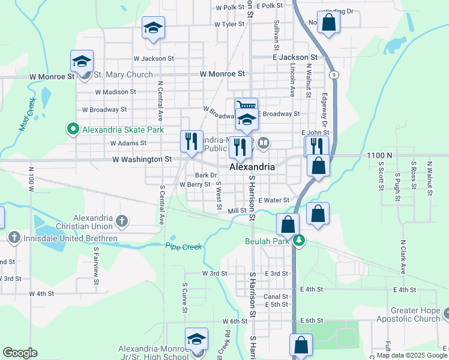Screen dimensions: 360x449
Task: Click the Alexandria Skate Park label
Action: click(122, 129)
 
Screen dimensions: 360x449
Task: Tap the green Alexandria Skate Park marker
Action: click(73, 128)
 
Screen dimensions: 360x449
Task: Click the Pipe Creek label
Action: click(183, 247)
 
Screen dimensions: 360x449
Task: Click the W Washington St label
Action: click(142, 159)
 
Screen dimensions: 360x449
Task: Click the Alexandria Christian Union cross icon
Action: click(122, 221)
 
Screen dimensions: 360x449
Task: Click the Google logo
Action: click(20, 353)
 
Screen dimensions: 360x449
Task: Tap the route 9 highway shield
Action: click(333, 75)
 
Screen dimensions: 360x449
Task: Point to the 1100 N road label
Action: click(379, 155)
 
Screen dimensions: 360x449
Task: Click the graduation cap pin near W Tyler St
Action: click(154, 28)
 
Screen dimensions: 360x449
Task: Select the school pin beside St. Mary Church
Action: click(82, 61)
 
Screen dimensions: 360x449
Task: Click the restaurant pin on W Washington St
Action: click(191, 142)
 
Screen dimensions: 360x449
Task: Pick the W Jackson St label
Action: click(153, 59)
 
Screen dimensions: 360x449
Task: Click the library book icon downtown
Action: click(264, 143)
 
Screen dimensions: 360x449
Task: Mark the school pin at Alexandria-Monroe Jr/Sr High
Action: click(196, 339)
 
